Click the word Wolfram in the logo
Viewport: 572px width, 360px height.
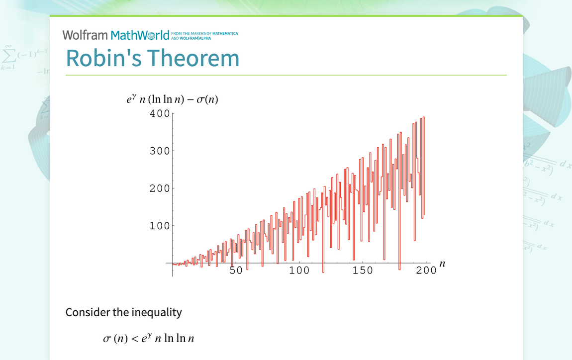pos(85,35)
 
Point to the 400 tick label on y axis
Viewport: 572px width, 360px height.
pos(160,113)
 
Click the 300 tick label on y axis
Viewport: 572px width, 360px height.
pos(160,151)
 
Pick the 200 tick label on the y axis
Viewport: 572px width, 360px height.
pos(160,188)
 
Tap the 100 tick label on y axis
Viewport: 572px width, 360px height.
pos(160,226)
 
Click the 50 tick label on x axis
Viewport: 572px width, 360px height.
pos(236,270)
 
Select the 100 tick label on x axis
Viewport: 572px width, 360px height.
pos(299,270)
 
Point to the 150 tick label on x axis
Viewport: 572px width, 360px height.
pos(363,270)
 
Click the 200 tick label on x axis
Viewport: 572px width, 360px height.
pos(426,270)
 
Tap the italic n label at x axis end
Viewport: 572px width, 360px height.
pos(442,264)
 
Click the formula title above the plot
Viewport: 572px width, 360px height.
pos(173,99)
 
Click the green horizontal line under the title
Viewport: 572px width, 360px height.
pos(286,75)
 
